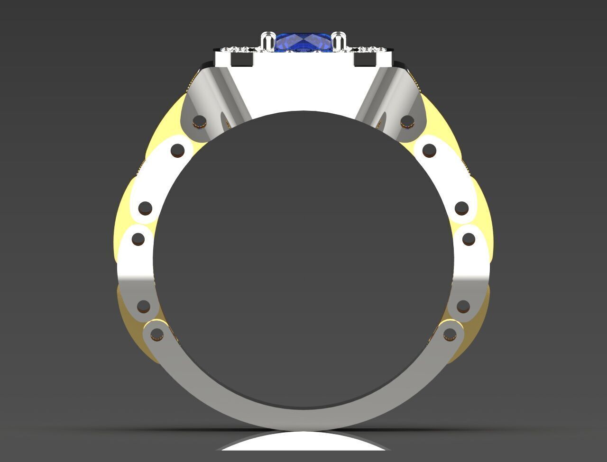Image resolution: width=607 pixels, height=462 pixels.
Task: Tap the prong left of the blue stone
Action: [268, 41]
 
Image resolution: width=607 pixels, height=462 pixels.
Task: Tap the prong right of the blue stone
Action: [339, 41]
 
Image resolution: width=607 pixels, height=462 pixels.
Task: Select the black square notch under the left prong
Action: [243, 60]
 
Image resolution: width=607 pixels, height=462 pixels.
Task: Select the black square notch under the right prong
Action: [364, 60]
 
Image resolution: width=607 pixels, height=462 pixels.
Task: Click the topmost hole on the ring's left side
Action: [200, 122]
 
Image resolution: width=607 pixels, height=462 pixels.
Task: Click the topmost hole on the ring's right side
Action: [407, 122]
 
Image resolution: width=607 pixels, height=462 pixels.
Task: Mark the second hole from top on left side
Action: [178, 151]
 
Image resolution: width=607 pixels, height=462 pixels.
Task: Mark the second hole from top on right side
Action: [429, 151]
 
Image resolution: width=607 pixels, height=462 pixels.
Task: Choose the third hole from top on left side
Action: [146, 208]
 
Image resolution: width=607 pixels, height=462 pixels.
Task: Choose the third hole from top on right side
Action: [462, 208]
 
